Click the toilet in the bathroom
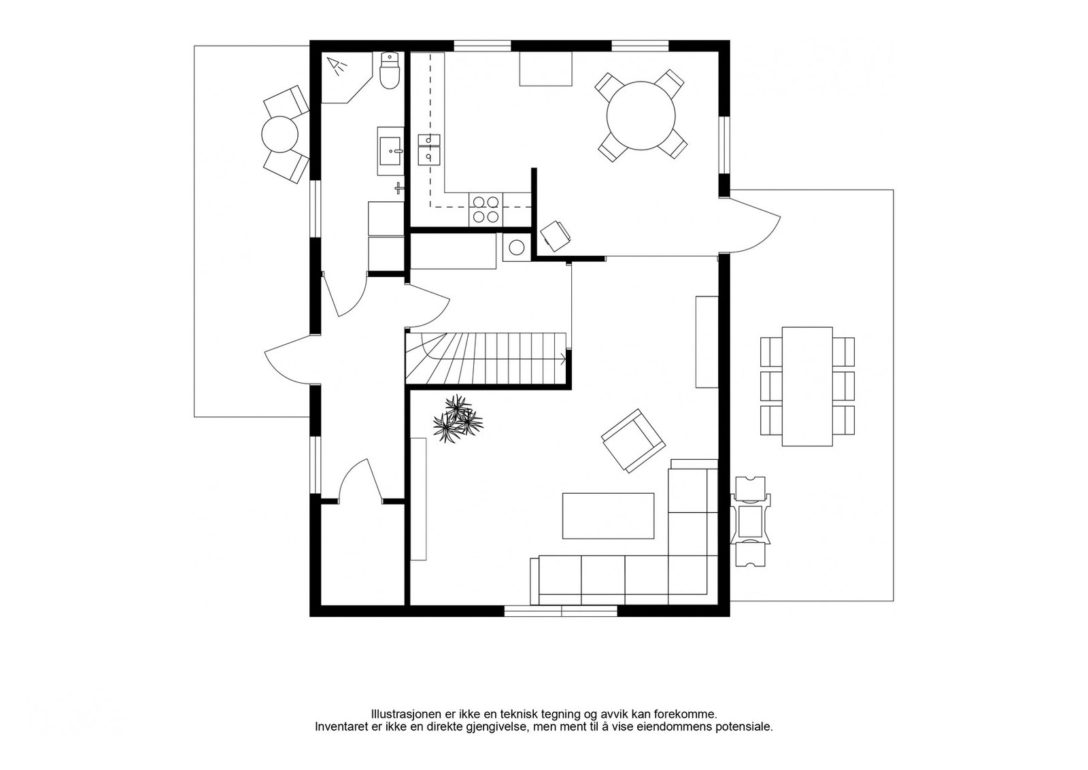tap(389, 71)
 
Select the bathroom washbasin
tap(390, 150)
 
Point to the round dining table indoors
tap(641, 116)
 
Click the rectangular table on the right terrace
tap(807, 386)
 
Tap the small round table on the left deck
tap(279, 134)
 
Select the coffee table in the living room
tap(608, 516)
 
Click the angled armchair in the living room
tap(633, 441)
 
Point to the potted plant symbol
tap(458, 418)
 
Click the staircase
tap(486, 358)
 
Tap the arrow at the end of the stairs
tap(563, 360)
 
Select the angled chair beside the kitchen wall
tap(556, 236)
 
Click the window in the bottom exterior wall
tap(561, 611)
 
